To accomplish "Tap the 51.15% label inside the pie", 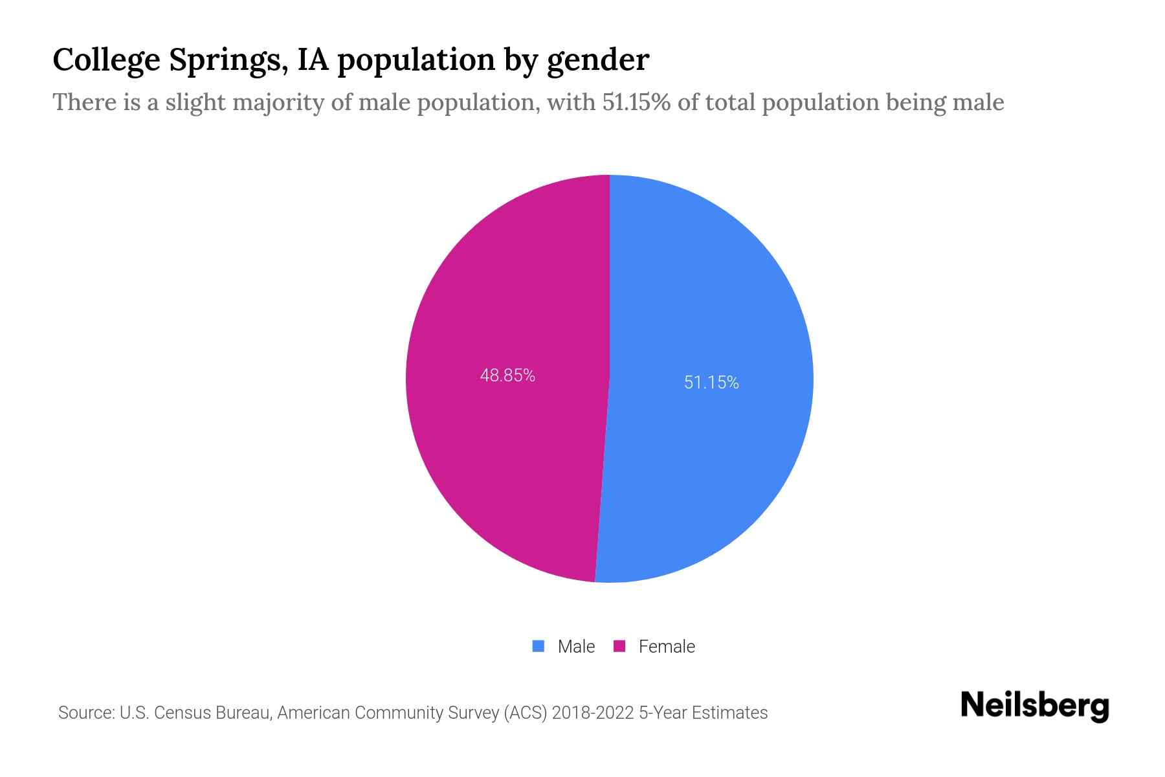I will tap(711, 383).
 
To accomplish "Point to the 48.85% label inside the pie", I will tap(507, 376).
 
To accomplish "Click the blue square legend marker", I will tap(538, 646).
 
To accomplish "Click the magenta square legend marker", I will tap(619, 646).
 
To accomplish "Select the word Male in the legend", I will tap(576, 647).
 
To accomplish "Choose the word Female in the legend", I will tap(667, 647).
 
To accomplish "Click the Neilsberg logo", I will tap(1034, 706).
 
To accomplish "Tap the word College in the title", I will tap(106, 60).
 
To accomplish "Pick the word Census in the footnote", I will tap(183, 713).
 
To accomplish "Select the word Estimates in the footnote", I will tap(729, 713).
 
